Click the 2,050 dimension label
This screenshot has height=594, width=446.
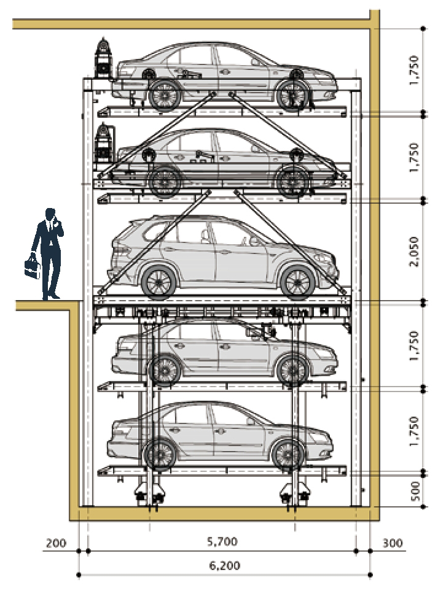click(x=416, y=252)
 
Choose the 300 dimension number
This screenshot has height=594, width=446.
click(x=393, y=542)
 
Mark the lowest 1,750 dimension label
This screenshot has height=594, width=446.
click(x=416, y=430)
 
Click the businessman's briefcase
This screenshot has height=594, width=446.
click(x=31, y=266)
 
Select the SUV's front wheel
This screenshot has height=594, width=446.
click(x=297, y=281)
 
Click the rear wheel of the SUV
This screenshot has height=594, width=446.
click(x=158, y=281)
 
